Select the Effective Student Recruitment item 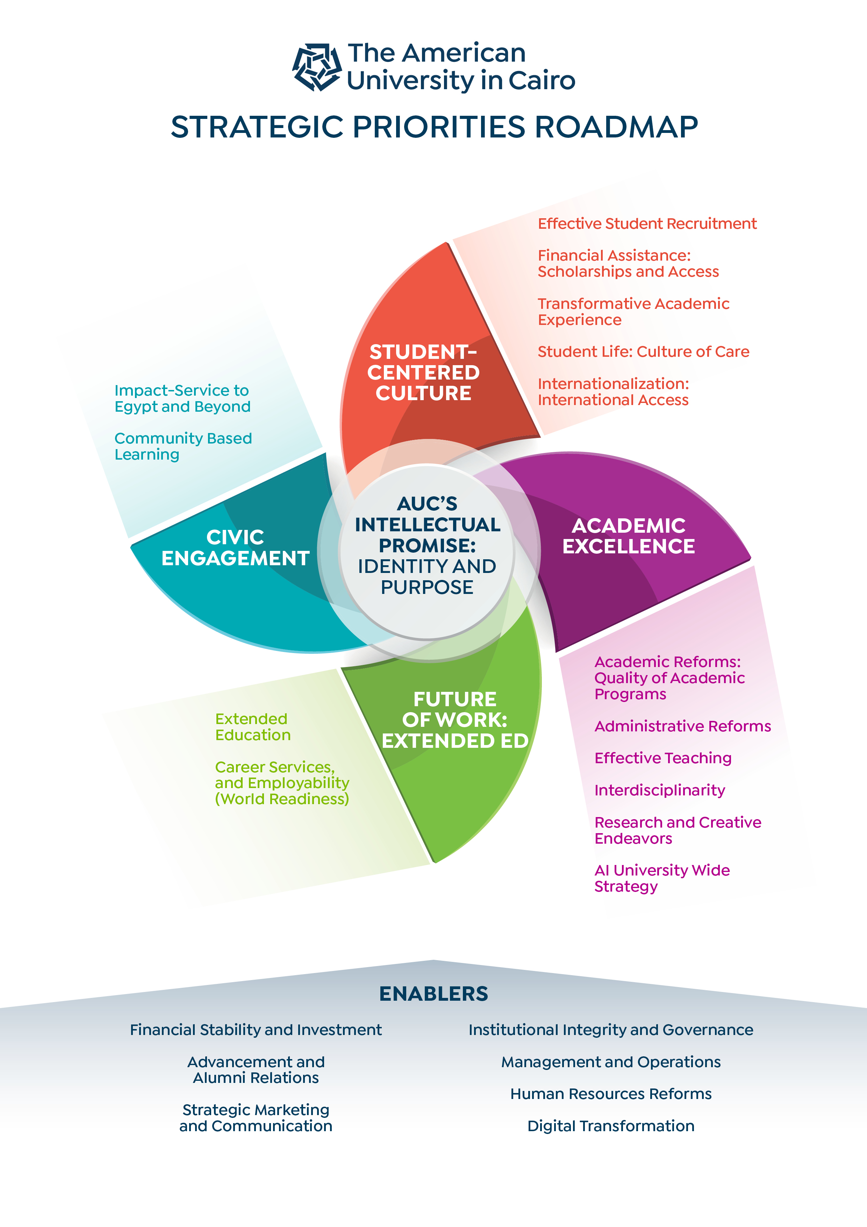coord(647,224)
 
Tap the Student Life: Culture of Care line coord(643,352)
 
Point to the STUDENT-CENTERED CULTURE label coord(423,373)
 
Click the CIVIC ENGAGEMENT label coord(235,548)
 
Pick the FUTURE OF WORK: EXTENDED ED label coord(454,720)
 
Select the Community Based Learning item coord(183,446)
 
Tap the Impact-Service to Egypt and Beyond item coord(182,399)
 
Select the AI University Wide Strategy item coord(662,878)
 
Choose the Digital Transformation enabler coord(611,1126)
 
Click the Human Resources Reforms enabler coord(611,1094)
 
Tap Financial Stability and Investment coord(256,1030)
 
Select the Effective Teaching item coord(663,758)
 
